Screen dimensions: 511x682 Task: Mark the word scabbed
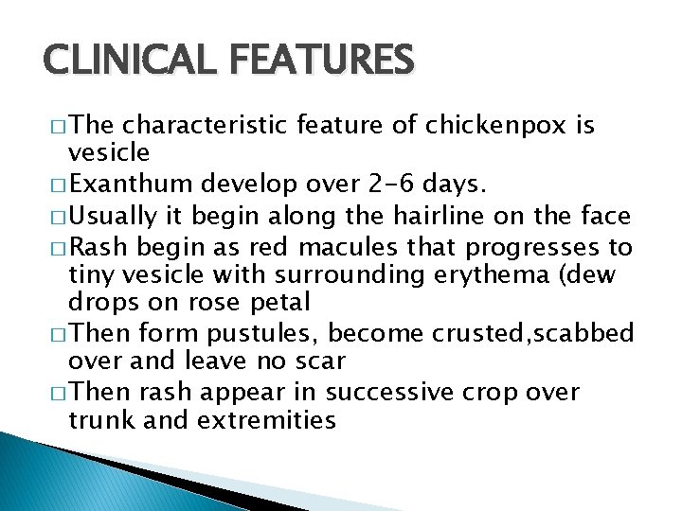coord(600,333)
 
